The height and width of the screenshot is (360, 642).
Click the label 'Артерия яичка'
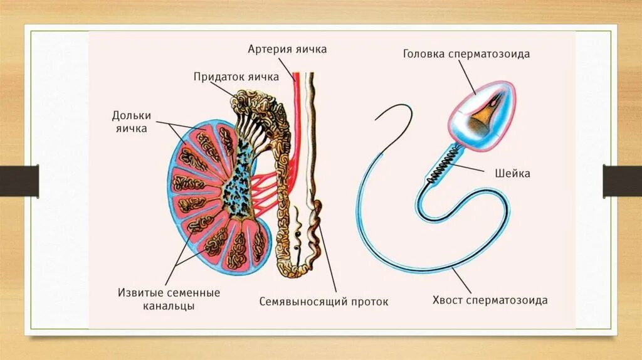287,49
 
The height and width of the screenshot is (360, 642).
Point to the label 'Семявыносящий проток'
324,302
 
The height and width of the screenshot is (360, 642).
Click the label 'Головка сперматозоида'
466,54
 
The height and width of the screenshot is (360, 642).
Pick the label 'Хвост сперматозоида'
490,300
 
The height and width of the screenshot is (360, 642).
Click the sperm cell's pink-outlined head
483,115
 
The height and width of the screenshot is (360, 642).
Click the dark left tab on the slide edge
19,180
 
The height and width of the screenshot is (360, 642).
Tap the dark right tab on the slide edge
623,180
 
